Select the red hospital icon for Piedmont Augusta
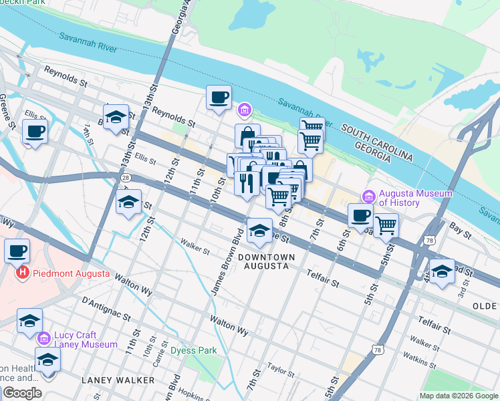point(23,273)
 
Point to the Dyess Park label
point(193,350)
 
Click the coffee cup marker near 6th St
point(360,216)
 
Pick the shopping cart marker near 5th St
point(386,225)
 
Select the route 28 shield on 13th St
point(125,178)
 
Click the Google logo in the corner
point(21,393)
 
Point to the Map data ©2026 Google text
point(459,396)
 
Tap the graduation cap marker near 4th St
point(442,272)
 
